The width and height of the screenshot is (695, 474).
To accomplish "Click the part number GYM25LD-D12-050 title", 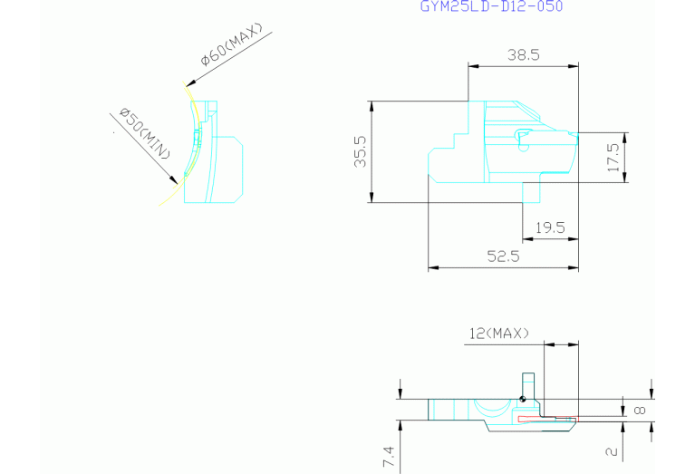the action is tap(491, 6).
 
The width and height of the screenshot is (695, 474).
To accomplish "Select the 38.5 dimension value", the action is tap(524, 55).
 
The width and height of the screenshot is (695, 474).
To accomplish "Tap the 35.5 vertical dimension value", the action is tap(361, 151).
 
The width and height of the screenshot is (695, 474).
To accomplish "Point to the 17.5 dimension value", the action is tap(613, 158).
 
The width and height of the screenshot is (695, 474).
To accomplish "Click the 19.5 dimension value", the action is tap(550, 227).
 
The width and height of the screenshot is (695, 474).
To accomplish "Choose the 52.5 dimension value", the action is tap(503, 256).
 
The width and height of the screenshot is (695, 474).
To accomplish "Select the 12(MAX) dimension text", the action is tap(499, 333).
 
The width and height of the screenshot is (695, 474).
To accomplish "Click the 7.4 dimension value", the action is tap(388, 457).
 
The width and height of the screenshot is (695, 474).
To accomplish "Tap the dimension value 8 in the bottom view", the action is tap(640, 411).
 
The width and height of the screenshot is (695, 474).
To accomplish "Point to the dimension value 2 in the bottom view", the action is tap(612, 452).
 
